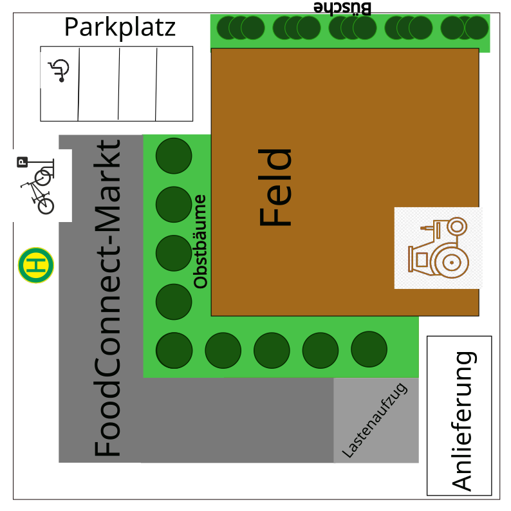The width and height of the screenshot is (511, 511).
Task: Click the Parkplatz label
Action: click(x=120, y=28)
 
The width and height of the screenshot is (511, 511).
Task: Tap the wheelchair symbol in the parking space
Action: click(x=59, y=70)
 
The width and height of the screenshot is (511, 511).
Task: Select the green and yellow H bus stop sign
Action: click(x=36, y=265)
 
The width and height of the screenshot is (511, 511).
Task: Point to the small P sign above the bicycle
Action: click(x=23, y=163)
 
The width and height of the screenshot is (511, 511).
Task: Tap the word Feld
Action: click(x=275, y=187)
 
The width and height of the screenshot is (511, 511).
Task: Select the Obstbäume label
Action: click(x=201, y=241)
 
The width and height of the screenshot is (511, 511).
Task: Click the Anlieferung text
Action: click(x=463, y=421)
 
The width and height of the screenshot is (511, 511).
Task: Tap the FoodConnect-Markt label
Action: click(x=107, y=299)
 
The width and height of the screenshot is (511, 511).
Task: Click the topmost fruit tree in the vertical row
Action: click(x=174, y=156)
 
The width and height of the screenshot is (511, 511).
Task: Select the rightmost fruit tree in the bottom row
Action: click(x=369, y=349)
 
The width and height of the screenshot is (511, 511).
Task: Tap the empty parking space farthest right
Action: click(x=174, y=84)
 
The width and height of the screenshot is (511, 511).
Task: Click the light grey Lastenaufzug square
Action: click(x=376, y=420)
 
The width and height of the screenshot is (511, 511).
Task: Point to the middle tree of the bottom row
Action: click(x=272, y=350)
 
